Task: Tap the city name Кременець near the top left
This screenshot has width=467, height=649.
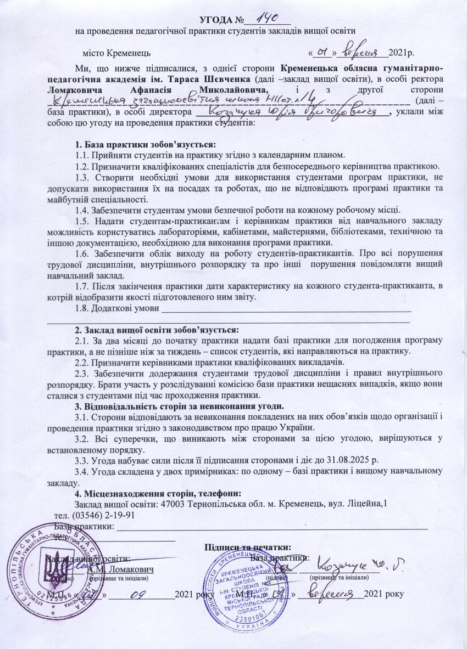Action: pyautogui.click(x=125, y=54)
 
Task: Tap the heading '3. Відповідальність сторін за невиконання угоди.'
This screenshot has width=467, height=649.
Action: pyautogui.click(x=179, y=406)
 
